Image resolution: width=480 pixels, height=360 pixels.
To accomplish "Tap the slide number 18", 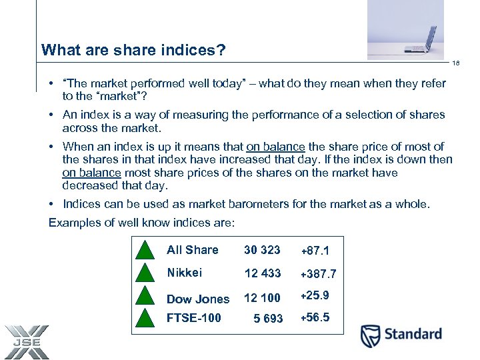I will click(456, 63).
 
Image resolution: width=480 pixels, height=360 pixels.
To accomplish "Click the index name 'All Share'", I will click(192, 250).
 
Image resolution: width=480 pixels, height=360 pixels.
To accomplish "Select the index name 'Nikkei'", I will click(184, 273).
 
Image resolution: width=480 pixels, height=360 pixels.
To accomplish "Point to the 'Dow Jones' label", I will click(197, 299).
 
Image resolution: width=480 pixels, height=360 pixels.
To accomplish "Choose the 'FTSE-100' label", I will click(193, 318).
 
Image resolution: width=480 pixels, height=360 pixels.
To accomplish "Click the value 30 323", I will click(262, 250).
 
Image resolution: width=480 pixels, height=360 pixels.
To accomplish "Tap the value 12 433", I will click(263, 273).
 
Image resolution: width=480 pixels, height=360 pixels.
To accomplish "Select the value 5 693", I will click(268, 319).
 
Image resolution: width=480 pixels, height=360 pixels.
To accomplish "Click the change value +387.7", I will click(318, 274).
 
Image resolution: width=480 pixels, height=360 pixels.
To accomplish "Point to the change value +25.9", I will click(315, 295).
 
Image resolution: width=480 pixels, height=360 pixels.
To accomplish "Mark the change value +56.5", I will click(315, 317).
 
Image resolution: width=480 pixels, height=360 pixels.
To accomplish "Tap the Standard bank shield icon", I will click(370, 336).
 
